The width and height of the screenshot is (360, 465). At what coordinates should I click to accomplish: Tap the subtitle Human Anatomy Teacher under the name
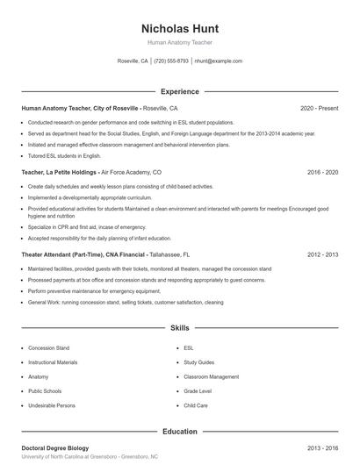pos(179,42)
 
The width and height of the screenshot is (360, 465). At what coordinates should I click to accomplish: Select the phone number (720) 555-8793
pos(171,61)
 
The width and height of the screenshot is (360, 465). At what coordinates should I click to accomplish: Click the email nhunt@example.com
pos(218,61)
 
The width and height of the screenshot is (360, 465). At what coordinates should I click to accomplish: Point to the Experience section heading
pos(179,91)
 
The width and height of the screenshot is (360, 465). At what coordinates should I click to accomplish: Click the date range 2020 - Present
pos(319,108)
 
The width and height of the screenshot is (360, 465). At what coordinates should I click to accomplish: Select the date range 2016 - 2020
pos(322,173)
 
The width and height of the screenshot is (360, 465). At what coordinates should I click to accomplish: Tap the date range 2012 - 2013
pos(322,254)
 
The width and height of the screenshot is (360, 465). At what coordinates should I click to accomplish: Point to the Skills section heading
pos(179,328)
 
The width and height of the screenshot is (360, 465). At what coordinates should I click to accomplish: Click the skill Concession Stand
pos(48,348)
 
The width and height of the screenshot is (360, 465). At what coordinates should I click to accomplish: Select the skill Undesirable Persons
pos(52,405)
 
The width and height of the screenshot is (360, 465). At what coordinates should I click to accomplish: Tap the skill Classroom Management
pos(211,376)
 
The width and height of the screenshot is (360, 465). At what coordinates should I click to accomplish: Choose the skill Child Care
pos(196,405)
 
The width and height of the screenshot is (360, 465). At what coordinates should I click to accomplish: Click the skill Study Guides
pos(199,362)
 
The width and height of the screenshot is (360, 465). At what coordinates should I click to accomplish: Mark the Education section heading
pos(179,432)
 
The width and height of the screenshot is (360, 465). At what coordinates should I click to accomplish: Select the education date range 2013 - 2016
pos(322,448)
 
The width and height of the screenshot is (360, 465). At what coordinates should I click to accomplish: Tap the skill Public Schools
pos(46,391)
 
